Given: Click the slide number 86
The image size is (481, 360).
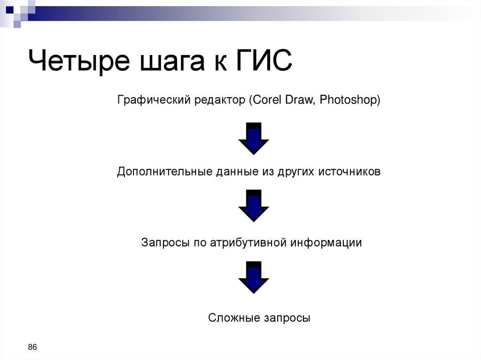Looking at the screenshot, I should (x=32, y=347).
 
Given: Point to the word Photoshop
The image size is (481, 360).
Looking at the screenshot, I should (x=349, y=100).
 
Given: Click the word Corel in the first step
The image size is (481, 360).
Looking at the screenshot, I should (x=266, y=100).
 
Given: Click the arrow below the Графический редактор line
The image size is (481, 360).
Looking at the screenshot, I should (x=254, y=138).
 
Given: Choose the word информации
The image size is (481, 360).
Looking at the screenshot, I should (x=326, y=243).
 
